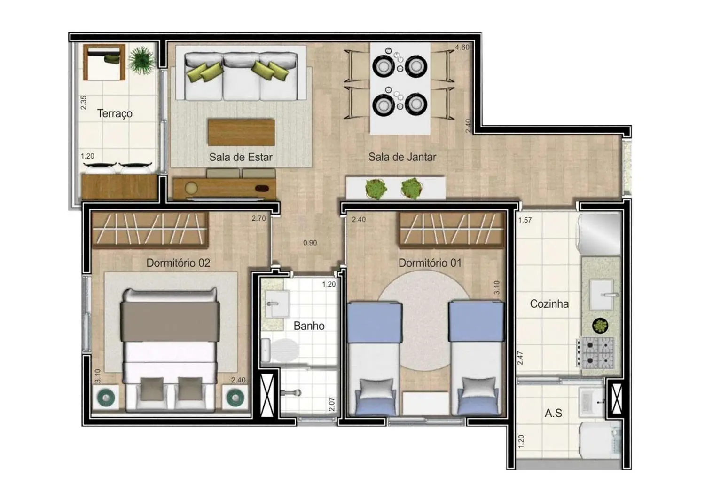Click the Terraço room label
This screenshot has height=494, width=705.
tap(115, 113)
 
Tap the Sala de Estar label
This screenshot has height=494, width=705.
tap(241, 157)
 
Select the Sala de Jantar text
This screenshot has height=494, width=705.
tap(402, 157)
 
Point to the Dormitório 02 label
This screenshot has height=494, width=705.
tap(178, 263)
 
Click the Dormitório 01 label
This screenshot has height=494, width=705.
tap(430, 263)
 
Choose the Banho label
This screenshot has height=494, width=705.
tap(309, 326)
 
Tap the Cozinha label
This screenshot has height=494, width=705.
tap(549, 304)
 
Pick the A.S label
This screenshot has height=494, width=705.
tap(553, 413)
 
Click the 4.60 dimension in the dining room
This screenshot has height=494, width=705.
tap(462, 48)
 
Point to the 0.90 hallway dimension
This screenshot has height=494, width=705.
tap(310, 243)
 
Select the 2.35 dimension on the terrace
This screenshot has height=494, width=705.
tap(84, 103)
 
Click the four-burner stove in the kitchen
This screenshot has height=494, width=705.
tap(597, 353)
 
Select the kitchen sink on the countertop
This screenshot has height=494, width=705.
tap(602, 295)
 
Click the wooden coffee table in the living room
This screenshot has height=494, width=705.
tap(241, 132)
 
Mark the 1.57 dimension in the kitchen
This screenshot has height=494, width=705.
tap(525, 220)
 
